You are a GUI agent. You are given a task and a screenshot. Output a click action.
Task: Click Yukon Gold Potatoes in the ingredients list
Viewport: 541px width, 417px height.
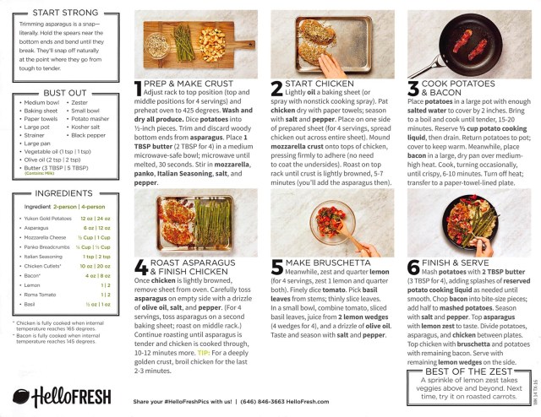(49, 219)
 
